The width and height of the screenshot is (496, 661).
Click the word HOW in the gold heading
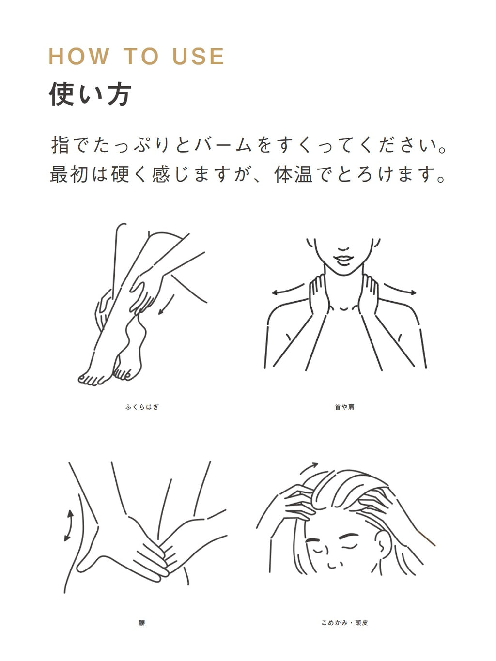78,56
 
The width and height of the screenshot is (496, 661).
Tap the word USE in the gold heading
198,56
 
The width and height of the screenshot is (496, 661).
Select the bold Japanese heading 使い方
90,93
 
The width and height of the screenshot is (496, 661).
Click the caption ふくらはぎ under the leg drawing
142,407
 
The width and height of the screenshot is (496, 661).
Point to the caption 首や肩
344,407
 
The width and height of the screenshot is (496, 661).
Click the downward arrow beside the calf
167,305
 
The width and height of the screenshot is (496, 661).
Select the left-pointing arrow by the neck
288,290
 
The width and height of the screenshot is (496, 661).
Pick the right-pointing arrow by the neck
400,289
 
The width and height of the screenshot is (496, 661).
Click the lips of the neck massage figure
343,260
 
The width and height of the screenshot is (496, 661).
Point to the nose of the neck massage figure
343,249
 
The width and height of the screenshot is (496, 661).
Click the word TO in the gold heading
141,56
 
